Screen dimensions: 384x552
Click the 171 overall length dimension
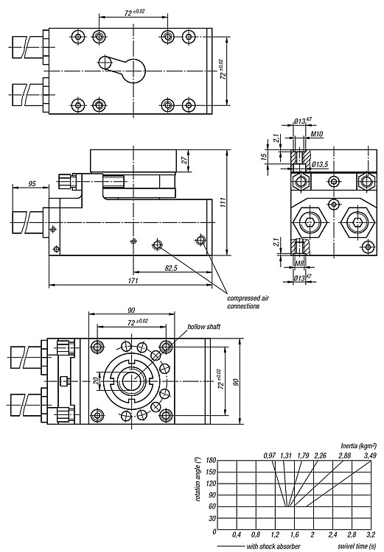(x=133, y=280)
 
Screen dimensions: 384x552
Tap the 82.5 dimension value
(x=171, y=268)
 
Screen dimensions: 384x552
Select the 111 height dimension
(x=223, y=202)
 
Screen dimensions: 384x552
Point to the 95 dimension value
(x=32, y=183)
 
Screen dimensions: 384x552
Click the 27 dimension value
(x=184, y=160)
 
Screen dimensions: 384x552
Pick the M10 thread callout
(x=317, y=134)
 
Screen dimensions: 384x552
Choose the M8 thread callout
(x=299, y=263)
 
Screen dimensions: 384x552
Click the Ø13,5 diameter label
(x=321, y=164)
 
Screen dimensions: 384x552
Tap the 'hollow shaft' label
(x=204, y=327)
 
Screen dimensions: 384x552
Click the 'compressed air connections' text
(x=248, y=302)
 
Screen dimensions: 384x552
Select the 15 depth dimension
(x=264, y=156)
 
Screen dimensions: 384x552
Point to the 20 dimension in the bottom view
(x=94, y=381)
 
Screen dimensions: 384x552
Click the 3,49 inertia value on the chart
(x=369, y=456)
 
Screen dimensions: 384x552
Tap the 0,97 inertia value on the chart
(x=270, y=456)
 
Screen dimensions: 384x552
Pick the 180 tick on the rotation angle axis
(x=212, y=461)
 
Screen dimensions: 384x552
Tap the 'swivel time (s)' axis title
(x=357, y=546)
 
